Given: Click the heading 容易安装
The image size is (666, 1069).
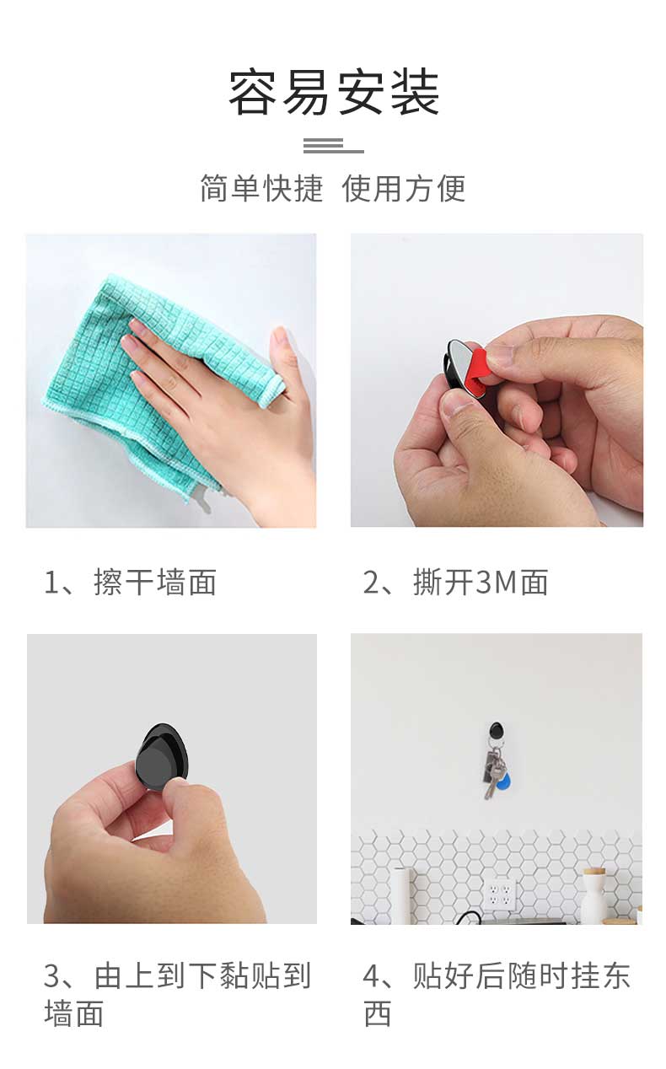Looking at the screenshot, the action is [x=334, y=92].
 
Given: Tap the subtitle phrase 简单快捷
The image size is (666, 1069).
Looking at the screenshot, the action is [x=261, y=188].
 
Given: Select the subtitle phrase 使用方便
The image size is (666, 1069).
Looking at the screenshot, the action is [x=404, y=188].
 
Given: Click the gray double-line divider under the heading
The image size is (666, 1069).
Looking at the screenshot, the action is [x=334, y=146].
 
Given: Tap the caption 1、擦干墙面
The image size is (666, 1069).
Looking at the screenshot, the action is [x=130, y=583].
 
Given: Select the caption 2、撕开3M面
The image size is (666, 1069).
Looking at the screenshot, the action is [x=455, y=583].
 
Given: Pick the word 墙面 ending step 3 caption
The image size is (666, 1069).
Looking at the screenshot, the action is [x=74, y=1013].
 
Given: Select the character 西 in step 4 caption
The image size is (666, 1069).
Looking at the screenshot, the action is [x=378, y=1013].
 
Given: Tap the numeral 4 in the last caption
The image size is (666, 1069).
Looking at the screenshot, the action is [x=371, y=976].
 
